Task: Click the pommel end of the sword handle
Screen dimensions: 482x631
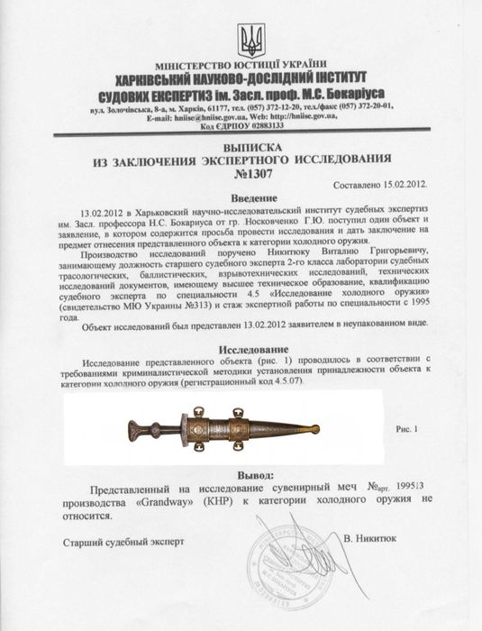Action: pos(133,427)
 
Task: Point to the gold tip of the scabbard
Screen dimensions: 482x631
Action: pos(314,428)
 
